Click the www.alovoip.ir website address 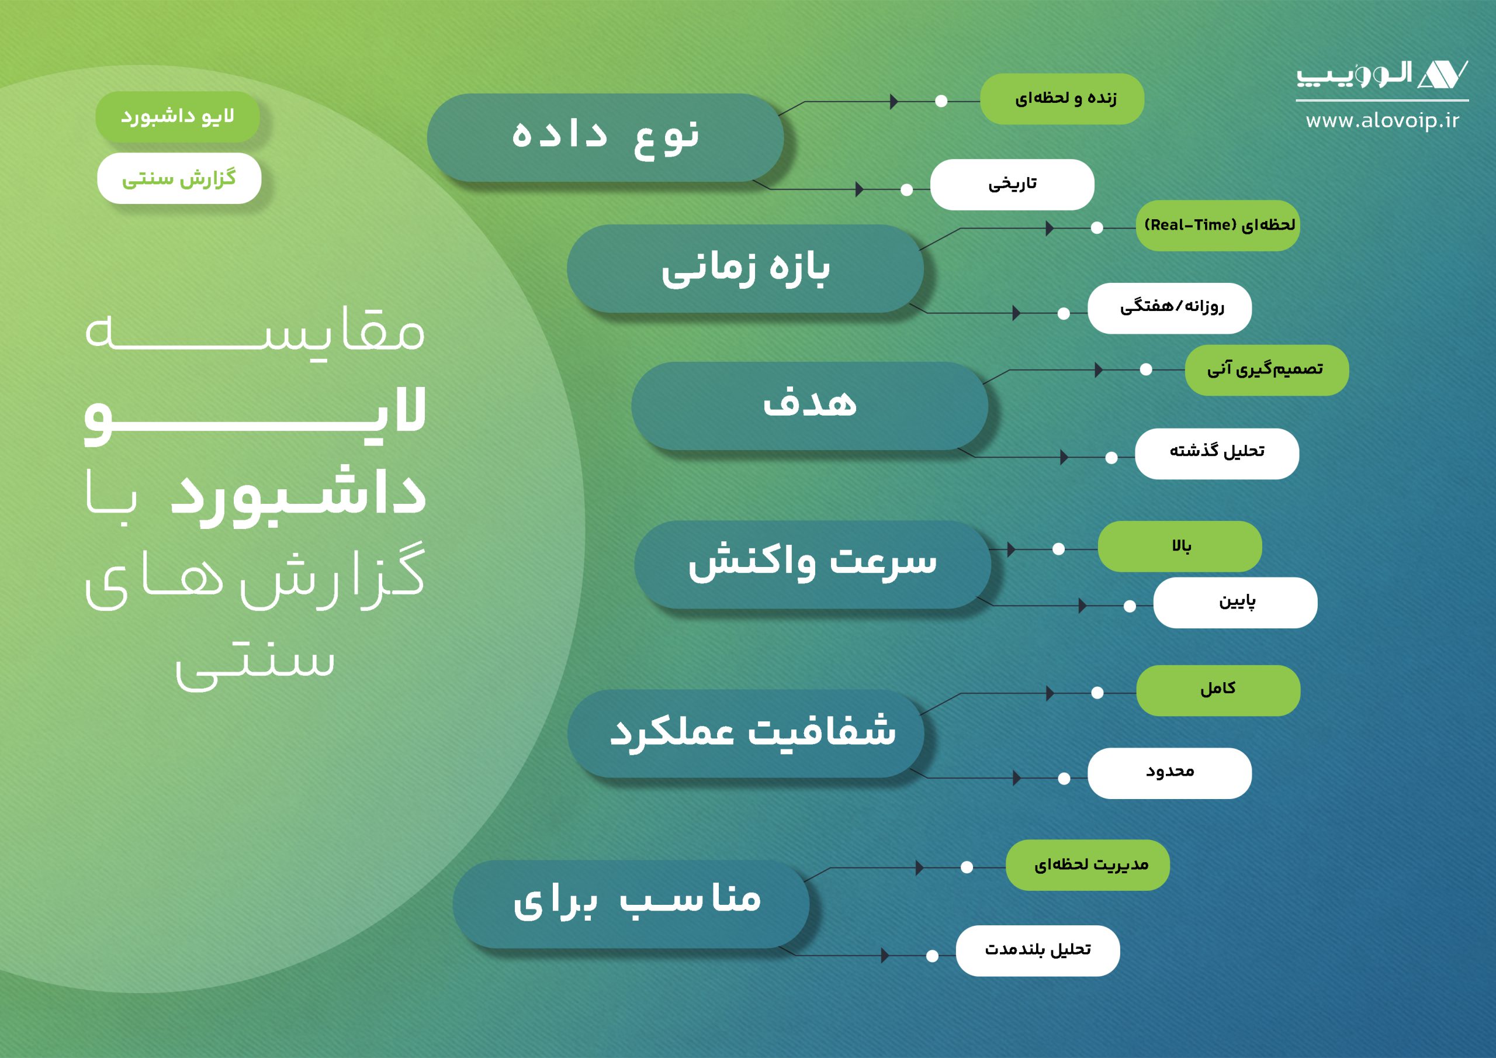pos(1382,120)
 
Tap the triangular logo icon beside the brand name pos(1443,74)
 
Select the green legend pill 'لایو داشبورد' pos(177,117)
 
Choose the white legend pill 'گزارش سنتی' pos(179,178)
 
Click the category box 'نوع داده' pos(605,137)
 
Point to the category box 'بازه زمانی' pos(746,268)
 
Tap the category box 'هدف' pos(810,406)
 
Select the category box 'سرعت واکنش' pos(812,565)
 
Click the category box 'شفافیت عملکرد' pos(746,734)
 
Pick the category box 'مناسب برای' pos(631,904)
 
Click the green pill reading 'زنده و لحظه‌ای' pos(1062,99)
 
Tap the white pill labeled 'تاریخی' pos(1013,185)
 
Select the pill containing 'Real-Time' pos(1218,226)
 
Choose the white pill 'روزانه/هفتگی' pos(1169,308)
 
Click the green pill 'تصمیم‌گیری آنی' pos(1267,370)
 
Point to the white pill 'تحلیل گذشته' pos(1217,454)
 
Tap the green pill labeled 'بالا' pos(1180,547)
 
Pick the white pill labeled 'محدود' pos(1169,773)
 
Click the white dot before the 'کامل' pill pos(1097,692)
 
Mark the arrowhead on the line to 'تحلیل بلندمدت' pos(885,956)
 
